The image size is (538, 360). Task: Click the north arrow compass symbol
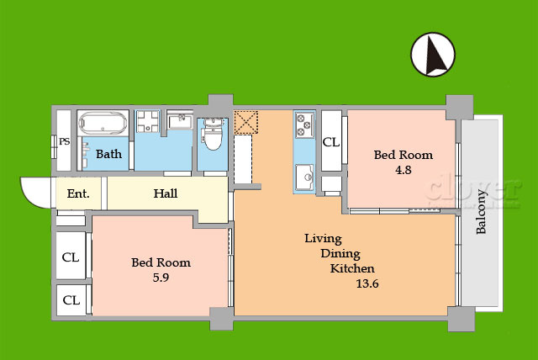point(433,54)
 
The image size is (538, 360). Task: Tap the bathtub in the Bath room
point(103,123)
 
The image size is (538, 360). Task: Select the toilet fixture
point(213,135)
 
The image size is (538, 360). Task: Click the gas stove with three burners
point(304,125)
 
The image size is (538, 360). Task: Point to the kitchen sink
point(304,177)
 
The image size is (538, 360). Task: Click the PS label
point(65,141)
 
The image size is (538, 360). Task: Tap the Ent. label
point(78,193)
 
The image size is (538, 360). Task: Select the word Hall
point(166,193)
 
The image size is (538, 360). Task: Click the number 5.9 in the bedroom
point(161,278)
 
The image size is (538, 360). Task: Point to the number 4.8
point(403,170)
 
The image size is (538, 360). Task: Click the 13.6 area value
point(367,283)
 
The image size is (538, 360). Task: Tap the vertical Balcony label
point(481,212)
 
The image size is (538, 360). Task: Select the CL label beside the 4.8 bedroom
point(331,142)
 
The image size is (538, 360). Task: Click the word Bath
point(108,154)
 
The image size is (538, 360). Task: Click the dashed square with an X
point(246,122)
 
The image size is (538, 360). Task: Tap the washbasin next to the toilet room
point(181,120)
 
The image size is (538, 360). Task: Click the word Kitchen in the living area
point(352,268)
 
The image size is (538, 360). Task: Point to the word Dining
point(340,254)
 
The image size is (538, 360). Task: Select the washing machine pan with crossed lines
point(148,121)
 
